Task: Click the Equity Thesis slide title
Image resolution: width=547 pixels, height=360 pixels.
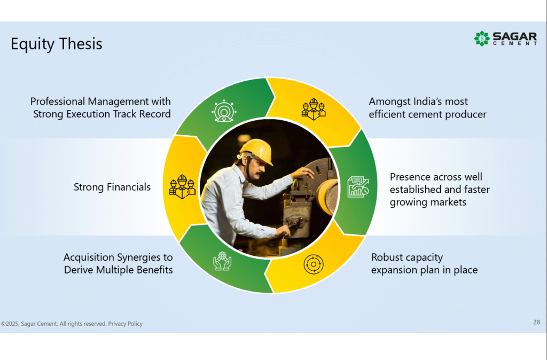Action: coord(57,44)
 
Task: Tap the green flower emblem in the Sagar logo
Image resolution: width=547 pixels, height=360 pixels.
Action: coord(482,38)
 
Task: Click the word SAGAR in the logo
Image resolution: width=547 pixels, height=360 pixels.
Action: coord(514,36)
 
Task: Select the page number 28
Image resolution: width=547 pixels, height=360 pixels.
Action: coord(536,322)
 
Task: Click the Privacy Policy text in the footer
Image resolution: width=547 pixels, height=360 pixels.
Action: coord(125,324)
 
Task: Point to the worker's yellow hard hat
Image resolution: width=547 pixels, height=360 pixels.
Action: coord(256,151)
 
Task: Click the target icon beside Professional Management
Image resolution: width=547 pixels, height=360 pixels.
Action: coord(224,111)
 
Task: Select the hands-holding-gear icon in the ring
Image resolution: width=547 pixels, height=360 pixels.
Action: coord(222,261)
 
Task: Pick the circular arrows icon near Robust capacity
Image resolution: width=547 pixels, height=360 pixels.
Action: coord(313,264)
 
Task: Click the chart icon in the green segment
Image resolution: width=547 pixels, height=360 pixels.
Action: coord(358,187)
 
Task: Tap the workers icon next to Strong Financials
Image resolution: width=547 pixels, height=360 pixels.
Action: coord(182,186)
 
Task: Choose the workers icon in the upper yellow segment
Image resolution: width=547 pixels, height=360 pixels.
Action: coord(314,109)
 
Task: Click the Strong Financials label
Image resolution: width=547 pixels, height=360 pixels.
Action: coord(112,187)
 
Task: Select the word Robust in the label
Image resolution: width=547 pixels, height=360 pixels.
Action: coord(387,257)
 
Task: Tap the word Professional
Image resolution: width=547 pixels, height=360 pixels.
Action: coord(58,101)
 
